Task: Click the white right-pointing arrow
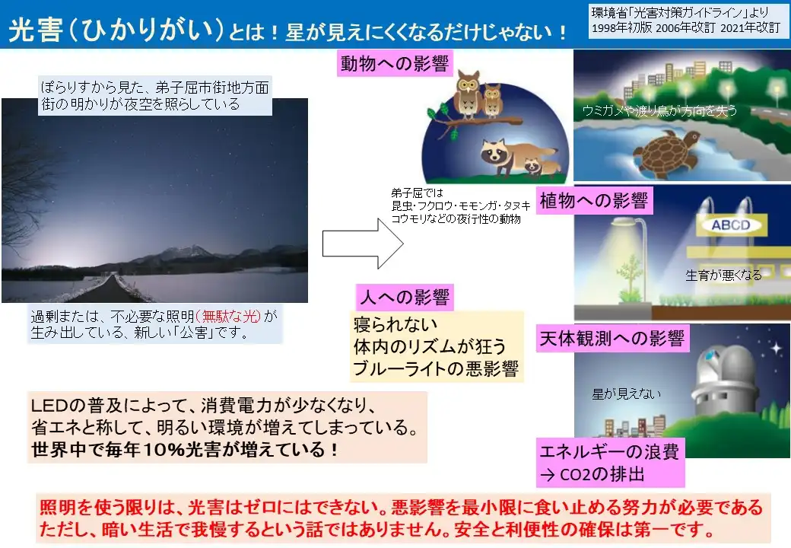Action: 363,244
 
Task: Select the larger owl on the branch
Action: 468,95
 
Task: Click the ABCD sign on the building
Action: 731,225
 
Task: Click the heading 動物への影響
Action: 395,64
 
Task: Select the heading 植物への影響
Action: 594,201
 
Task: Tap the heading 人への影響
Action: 405,297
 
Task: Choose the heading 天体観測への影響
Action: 612,338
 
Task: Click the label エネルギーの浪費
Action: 609,451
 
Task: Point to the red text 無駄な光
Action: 228,317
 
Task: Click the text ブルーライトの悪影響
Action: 436,368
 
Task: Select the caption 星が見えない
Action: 626,393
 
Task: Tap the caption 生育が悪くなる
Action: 723,275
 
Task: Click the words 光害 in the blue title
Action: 35,30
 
